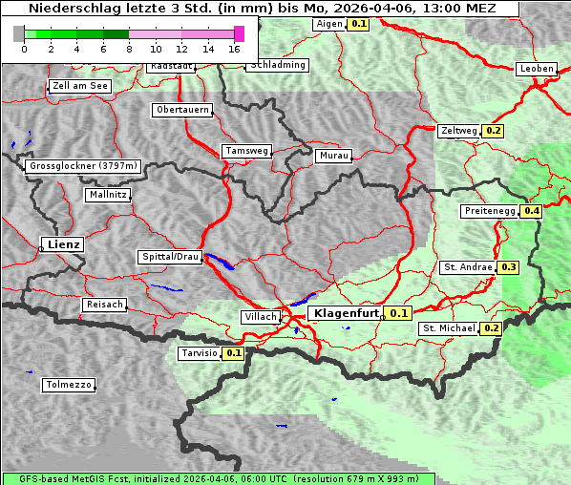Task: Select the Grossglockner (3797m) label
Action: pos(84,166)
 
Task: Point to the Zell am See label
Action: pos(80,86)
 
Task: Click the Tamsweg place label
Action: pos(247,151)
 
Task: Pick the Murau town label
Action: pos(333,155)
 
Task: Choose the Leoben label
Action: pos(536,69)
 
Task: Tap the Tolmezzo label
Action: pos(69,385)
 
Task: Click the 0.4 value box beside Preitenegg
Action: pos(531,211)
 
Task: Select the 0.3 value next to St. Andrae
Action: pos(509,267)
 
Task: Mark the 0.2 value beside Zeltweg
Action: pos(494,131)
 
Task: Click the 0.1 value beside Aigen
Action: pos(358,23)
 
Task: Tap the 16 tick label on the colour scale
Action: pos(235,49)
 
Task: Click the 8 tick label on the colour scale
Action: pos(129,49)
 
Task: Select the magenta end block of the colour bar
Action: pos(239,33)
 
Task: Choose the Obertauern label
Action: pos(182,110)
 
